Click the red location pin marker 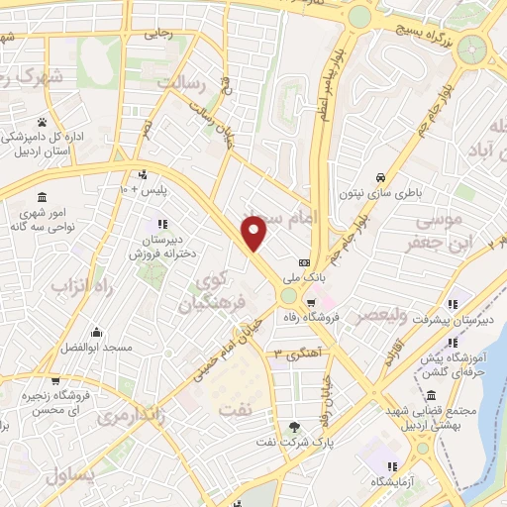pos(254,234)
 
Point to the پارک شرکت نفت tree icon pos(294,427)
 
